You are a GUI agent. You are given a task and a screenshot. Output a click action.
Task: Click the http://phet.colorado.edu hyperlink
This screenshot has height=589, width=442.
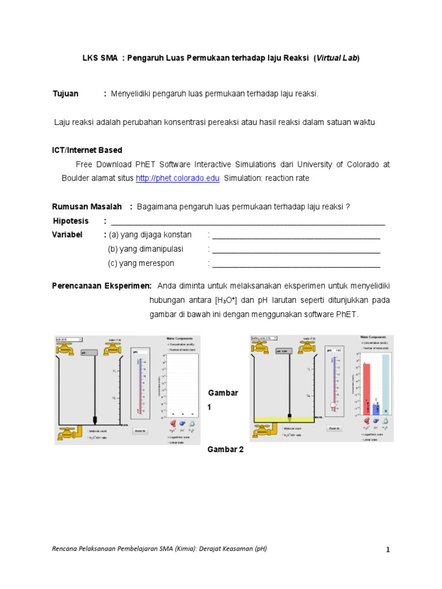point(177,178)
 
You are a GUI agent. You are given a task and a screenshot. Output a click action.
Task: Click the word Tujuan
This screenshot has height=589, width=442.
point(65,93)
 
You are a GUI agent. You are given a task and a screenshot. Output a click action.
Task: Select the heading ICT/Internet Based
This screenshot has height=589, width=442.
point(87,150)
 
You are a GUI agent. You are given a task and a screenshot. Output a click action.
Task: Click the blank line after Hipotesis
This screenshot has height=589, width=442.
point(247,222)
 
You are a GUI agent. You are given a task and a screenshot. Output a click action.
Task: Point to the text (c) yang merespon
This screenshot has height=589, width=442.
point(141,263)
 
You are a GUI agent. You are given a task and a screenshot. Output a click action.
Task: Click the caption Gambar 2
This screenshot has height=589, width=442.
point(226,449)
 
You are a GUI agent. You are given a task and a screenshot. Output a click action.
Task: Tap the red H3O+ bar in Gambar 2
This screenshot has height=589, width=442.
point(366,388)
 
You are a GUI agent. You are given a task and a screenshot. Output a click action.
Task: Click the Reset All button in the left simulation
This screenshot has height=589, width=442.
point(140,430)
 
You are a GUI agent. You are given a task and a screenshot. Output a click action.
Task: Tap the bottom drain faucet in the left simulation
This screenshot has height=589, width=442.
point(68,433)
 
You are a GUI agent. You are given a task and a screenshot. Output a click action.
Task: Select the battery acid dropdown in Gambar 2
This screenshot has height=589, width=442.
point(264,338)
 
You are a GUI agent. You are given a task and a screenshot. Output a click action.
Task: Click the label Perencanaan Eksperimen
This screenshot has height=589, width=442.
point(102,286)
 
